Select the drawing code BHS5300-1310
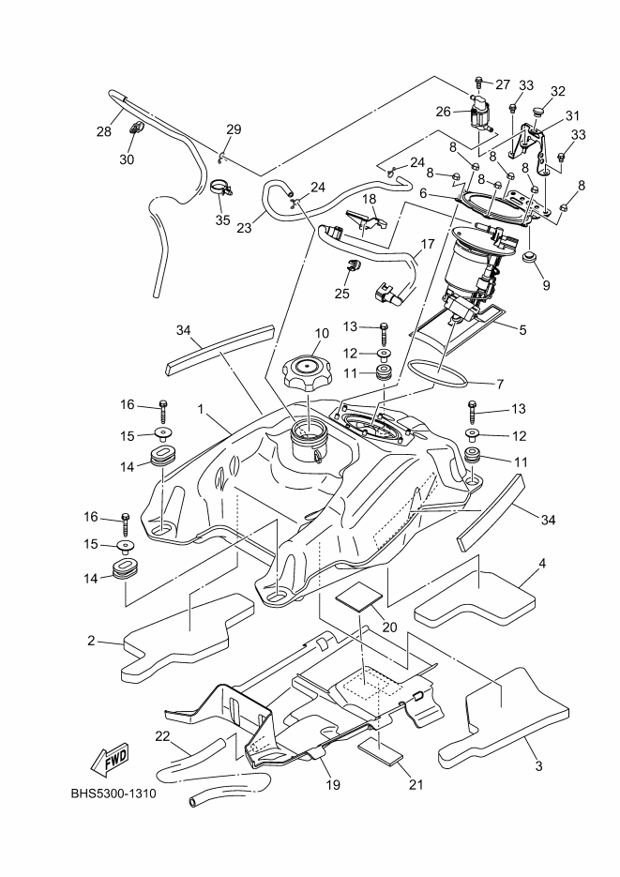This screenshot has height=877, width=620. [x=113, y=794]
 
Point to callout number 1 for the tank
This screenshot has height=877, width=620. [x=201, y=410]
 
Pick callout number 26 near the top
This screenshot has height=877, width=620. [x=445, y=111]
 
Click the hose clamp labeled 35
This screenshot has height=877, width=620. [x=221, y=191]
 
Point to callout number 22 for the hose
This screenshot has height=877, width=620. [x=162, y=736]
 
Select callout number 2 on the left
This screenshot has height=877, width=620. [x=91, y=641]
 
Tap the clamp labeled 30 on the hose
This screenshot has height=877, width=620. [x=134, y=129]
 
